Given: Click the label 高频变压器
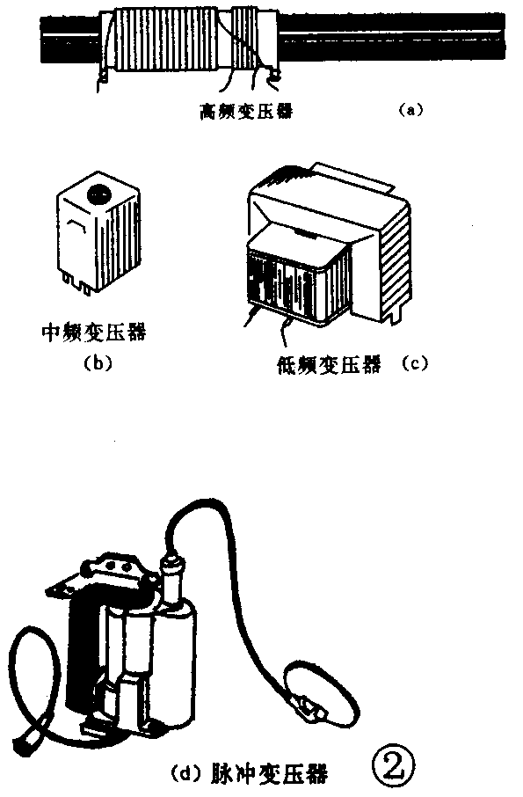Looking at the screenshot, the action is point(247,110).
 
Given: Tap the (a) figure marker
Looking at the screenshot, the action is point(410,109).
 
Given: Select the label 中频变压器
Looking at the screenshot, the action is point(94,333).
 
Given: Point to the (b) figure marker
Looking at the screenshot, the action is point(98,363).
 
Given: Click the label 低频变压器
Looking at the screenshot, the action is point(329,364).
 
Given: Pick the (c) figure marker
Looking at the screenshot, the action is point(415,363).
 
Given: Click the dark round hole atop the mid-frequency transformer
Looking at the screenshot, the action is point(100,194).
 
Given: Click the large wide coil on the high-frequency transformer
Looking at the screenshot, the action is point(167,40).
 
